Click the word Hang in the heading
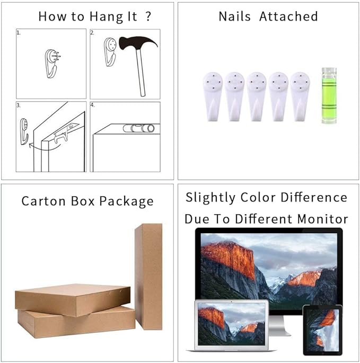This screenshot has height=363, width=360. pos(106,17)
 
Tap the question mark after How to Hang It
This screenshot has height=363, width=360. pos(148,16)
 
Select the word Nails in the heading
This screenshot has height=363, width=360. pos(234,16)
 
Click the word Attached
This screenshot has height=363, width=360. pos(288,16)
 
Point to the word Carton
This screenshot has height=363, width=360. pos(43,201)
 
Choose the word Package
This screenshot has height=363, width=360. pos(127,201)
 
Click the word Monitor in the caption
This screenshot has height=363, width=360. pos(322,219)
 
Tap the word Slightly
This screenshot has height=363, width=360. pos(210,198)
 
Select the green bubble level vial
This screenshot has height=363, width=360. pos(329,95)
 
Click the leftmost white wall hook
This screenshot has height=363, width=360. pos(213,96)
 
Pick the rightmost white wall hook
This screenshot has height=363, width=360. pos(300,96)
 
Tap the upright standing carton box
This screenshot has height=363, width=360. pos(148,276)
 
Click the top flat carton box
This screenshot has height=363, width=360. pos(73,300)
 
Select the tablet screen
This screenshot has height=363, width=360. pos(322,330)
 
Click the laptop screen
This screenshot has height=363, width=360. pos(231,324)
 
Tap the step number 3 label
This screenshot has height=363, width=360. pos(19,105)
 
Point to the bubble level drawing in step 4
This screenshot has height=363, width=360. pos(138,128)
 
